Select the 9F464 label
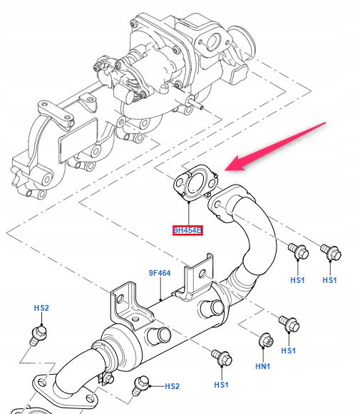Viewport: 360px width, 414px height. coord(159,273)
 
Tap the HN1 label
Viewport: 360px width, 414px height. coord(263,366)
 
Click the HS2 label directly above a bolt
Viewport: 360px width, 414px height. coord(41,308)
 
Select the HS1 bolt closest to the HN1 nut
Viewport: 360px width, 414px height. coord(288,324)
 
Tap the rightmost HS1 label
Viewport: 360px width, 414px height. coord(329,281)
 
